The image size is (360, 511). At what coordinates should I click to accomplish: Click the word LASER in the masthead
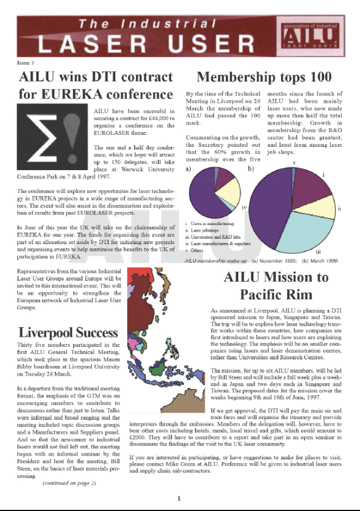pos(76,43)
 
